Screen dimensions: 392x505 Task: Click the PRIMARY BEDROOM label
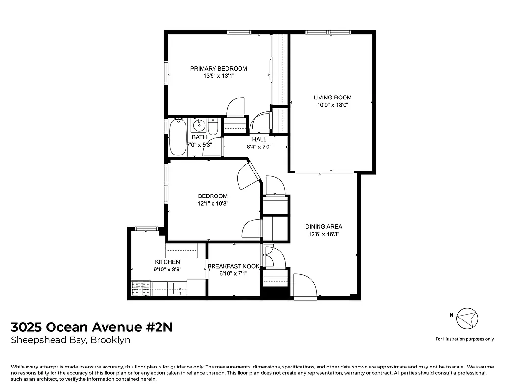coord(218,69)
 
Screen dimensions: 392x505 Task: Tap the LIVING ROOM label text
coord(333,98)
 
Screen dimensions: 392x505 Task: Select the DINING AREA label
coord(323,227)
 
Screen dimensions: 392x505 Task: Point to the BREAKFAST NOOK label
coord(233,266)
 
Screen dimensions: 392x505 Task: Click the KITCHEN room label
coord(167,262)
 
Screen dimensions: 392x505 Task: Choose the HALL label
coord(259,139)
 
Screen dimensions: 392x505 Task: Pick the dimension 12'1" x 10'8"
coord(213,203)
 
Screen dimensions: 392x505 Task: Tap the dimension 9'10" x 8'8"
coord(167,269)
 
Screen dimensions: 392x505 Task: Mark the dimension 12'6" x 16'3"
coord(323,234)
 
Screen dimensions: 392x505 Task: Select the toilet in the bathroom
coord(213,127)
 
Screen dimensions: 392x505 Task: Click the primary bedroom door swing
coord(236,106)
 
